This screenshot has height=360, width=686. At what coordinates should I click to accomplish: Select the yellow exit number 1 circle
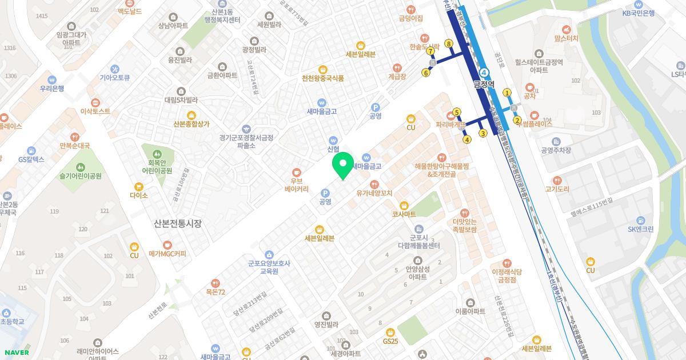click(x=506, y=93)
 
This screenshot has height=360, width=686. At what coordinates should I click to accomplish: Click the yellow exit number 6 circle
click(x=426, y=73)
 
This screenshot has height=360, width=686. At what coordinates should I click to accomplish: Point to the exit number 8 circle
click(x=449, y=43)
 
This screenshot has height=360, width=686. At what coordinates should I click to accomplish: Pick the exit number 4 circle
click(x=467, y=139)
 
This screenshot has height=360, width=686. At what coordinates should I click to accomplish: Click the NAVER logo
click(x=16, y=352)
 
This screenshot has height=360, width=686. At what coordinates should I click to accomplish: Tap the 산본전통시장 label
click(x=178, y=223)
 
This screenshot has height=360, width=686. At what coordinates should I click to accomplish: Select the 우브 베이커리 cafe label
click(x=296, y=184)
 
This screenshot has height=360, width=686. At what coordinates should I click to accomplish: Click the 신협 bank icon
click(x=333, y=140)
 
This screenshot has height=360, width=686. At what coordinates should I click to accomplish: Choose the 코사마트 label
click(x=404, y=213)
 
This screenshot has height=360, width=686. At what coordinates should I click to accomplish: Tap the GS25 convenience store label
click(x=390, y=341)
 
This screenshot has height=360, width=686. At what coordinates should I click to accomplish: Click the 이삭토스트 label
click(x=95, y=111)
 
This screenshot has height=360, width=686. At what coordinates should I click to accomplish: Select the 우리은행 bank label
click(x=52, y=89)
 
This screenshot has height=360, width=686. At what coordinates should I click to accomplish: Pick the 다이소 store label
click(x=138, y=195)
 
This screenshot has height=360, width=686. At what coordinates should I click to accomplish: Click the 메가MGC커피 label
click(x=167, y=254)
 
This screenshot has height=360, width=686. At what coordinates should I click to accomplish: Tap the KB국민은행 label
click(x=639, y=13)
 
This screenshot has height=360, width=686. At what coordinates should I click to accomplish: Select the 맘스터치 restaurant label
click(x=566, y=38)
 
